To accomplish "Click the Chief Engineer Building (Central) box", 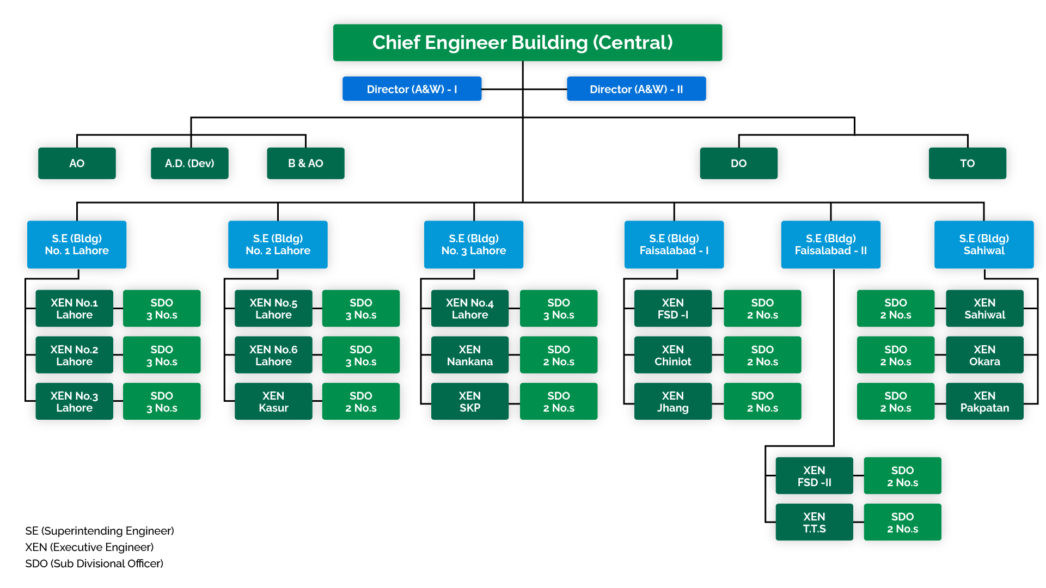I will coord(527,42).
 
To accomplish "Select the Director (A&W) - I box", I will coord(412,89).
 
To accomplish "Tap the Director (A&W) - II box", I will coord(636,89).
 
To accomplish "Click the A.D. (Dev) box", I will coord(189,163).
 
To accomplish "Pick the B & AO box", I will coord(305,163).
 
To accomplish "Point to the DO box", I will coord(738,163).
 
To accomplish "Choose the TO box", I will coord(967,163).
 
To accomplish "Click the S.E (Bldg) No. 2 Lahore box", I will coord(278,244).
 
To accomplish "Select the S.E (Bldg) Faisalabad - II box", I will coord(830,244).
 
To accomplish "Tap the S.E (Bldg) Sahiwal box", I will coord(983,244).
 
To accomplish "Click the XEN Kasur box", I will coord(273,401).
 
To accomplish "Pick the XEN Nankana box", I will coord(469,355).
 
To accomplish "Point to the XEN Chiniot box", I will coord(672,355).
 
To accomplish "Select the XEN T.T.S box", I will coord(814,522).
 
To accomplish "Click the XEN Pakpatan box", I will coord(984,401).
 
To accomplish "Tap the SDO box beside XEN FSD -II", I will coord(902,476).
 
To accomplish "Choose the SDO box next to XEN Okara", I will coord(895,355).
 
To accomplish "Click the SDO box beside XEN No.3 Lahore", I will coord(162,401).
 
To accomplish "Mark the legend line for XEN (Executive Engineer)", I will coord(89,547).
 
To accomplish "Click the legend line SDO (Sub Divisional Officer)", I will coord(94,563).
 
